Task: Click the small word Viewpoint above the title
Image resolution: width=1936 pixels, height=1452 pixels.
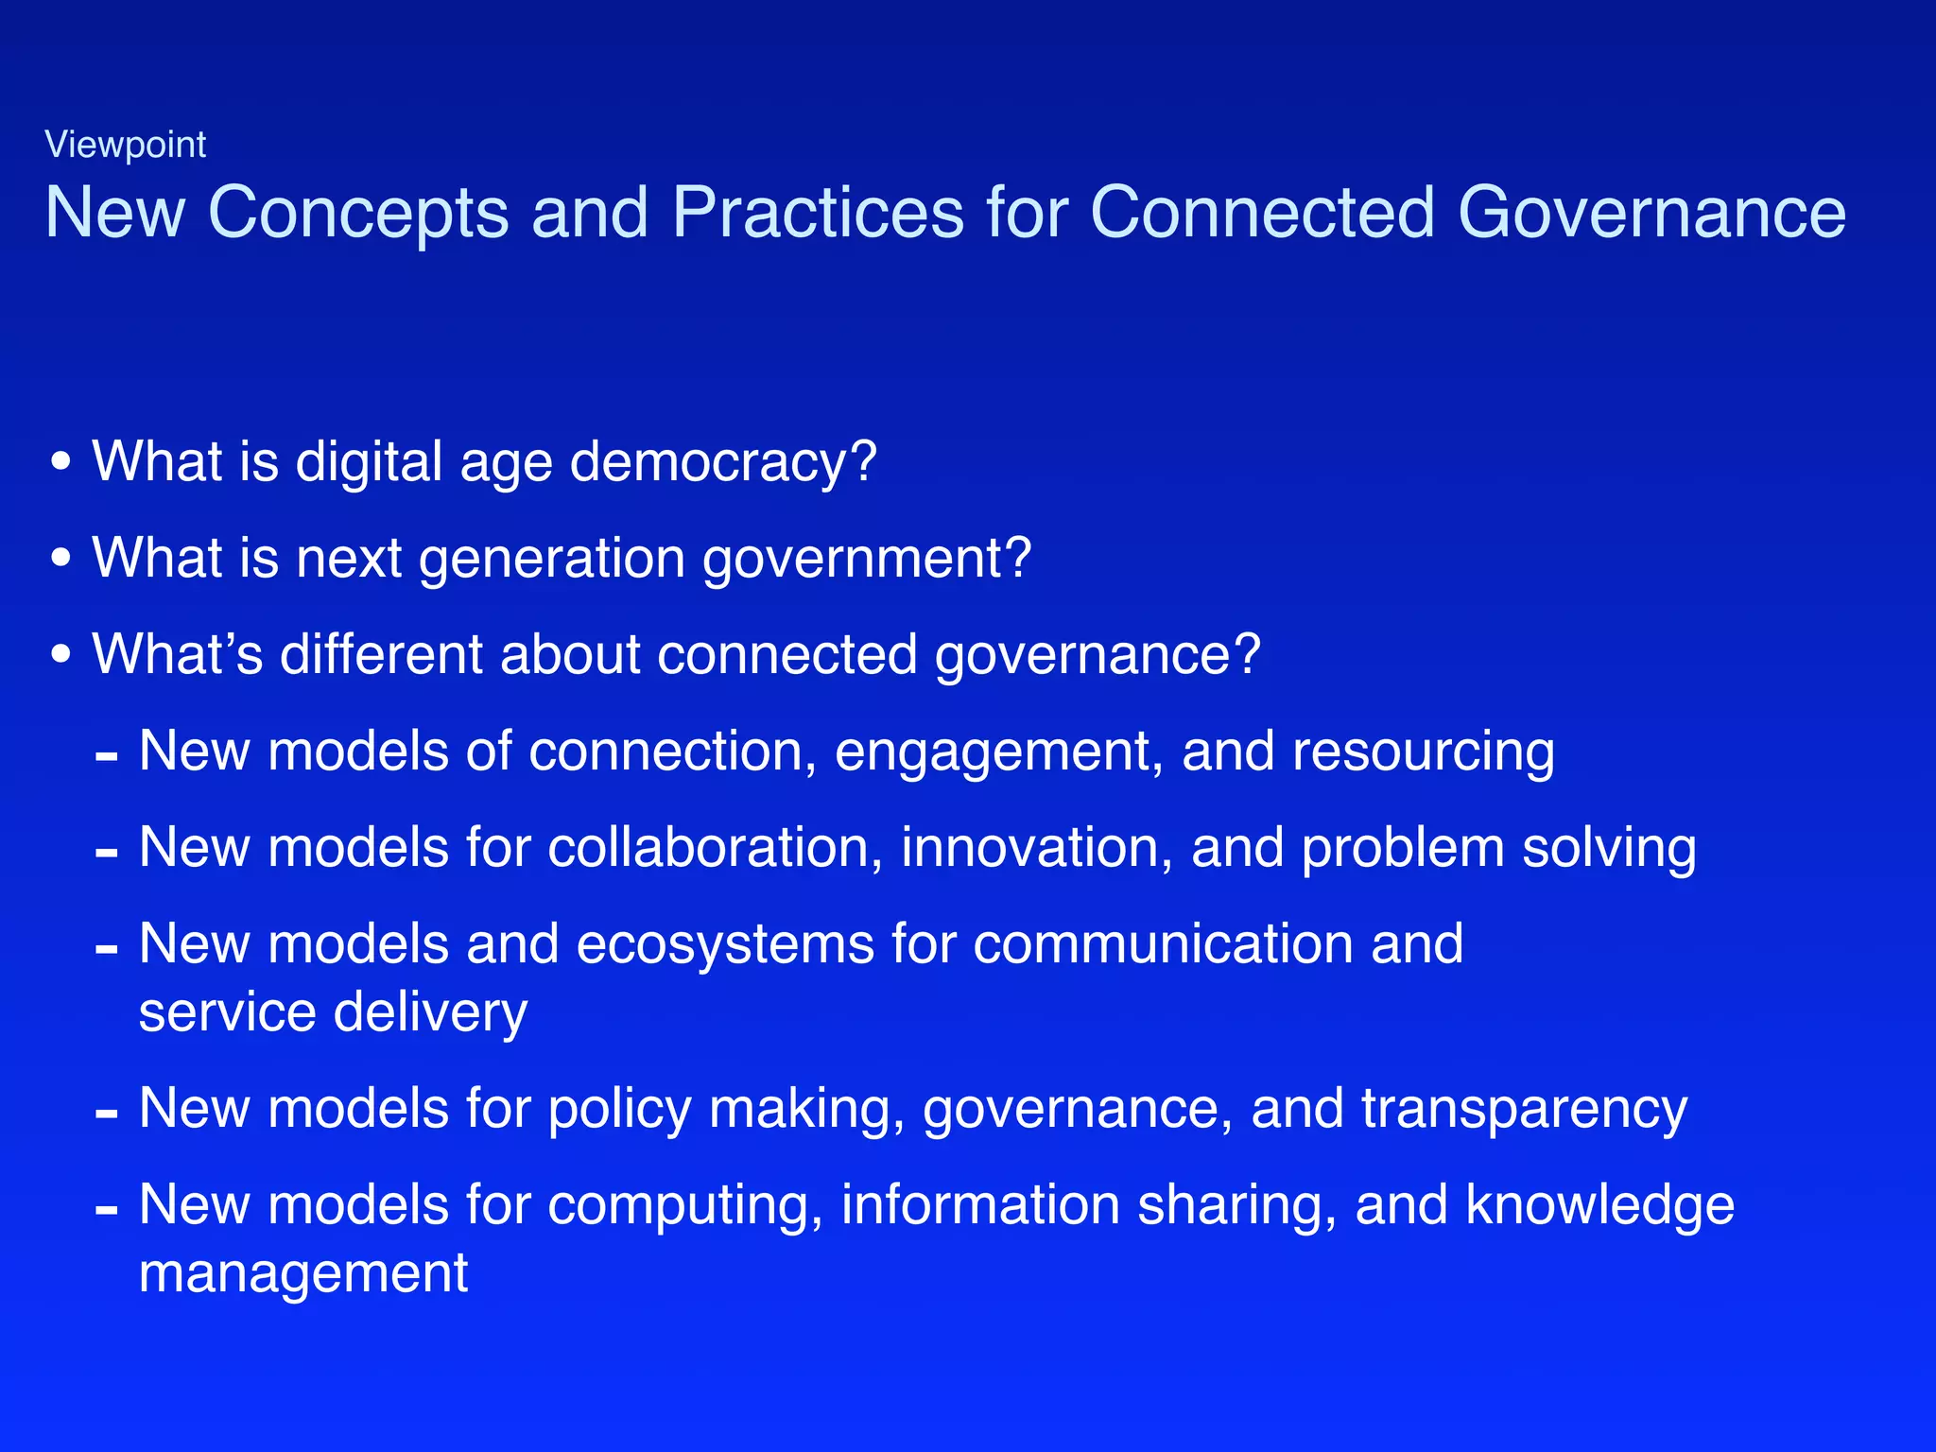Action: tap(126, 145)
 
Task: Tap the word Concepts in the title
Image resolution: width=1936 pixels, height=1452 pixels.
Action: tap(358, 214)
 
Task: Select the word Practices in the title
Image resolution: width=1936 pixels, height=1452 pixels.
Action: tap(819, 212)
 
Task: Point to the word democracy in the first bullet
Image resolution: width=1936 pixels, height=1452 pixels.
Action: tap(723, 463)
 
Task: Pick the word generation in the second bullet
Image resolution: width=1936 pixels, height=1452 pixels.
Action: tap(552, 559)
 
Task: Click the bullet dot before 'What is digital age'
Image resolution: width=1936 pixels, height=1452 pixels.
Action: tap(61, 462)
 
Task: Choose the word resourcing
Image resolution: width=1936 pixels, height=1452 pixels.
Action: tap(1423, 752)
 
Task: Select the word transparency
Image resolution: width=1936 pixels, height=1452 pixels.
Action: tap(1524, 1110)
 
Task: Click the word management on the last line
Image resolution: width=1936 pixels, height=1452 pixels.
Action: tap(303, 1274)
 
